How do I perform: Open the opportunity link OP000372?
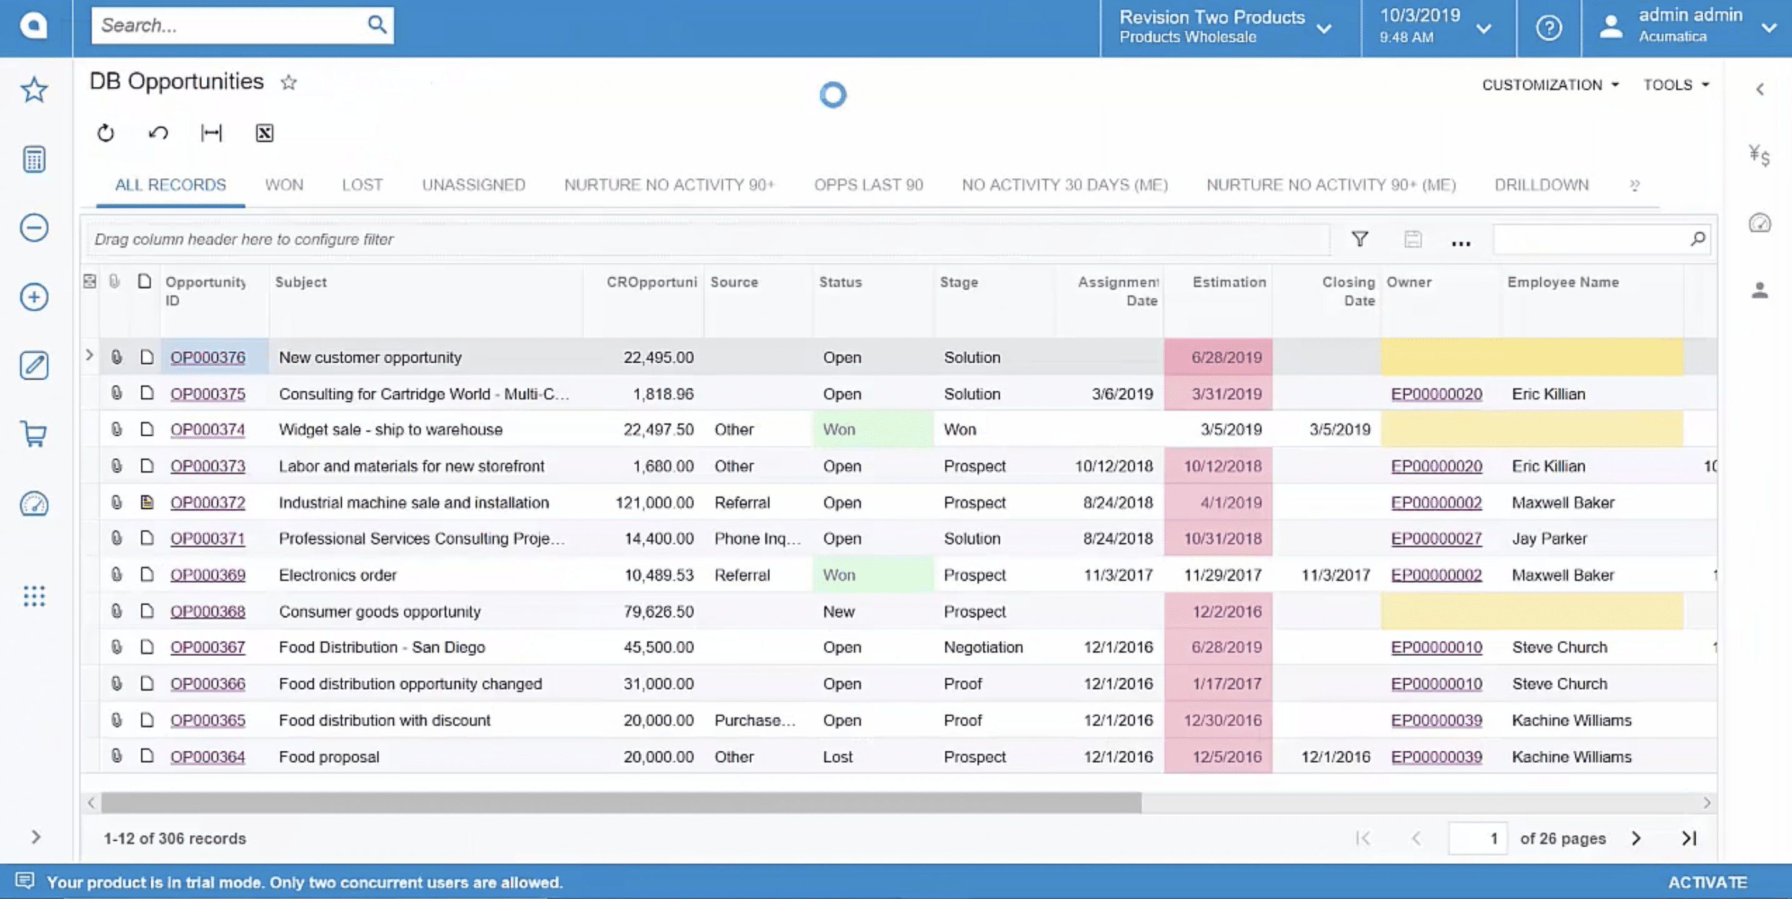[207, 503]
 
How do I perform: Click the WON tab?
[284, 185]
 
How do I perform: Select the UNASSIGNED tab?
[473, 185]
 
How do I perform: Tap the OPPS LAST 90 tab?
[868, 185]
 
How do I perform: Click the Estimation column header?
[1228, 283]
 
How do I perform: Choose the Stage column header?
[958, 283]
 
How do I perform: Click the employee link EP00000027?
[1436, 538]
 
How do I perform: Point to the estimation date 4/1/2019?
[1230, 503]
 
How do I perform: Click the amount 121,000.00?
[654, 503]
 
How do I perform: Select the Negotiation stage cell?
[983, 647]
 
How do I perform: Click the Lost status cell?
[837, 757]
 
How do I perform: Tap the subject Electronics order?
[337, 575]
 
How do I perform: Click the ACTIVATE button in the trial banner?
[1707, 882]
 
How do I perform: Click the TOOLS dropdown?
[1675, 85]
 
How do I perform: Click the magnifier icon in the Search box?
[376, 25]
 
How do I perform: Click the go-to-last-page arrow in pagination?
[1689, 838]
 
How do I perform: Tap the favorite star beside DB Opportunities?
[289, 83]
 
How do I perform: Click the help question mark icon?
[1548, 28]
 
